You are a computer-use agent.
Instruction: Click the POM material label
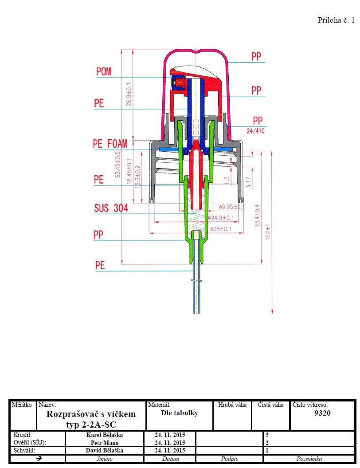104,71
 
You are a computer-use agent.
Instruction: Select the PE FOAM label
110,143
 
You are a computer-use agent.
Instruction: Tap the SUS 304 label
111,208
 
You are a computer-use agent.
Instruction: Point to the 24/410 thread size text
256,131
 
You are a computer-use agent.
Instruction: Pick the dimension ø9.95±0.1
231,207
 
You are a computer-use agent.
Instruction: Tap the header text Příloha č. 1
337,20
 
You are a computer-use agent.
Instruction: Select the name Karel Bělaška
105,435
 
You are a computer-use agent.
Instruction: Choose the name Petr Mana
105,443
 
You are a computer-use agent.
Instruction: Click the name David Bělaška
105,450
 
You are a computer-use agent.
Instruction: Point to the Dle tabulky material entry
180,413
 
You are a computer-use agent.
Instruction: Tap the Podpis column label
230,459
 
